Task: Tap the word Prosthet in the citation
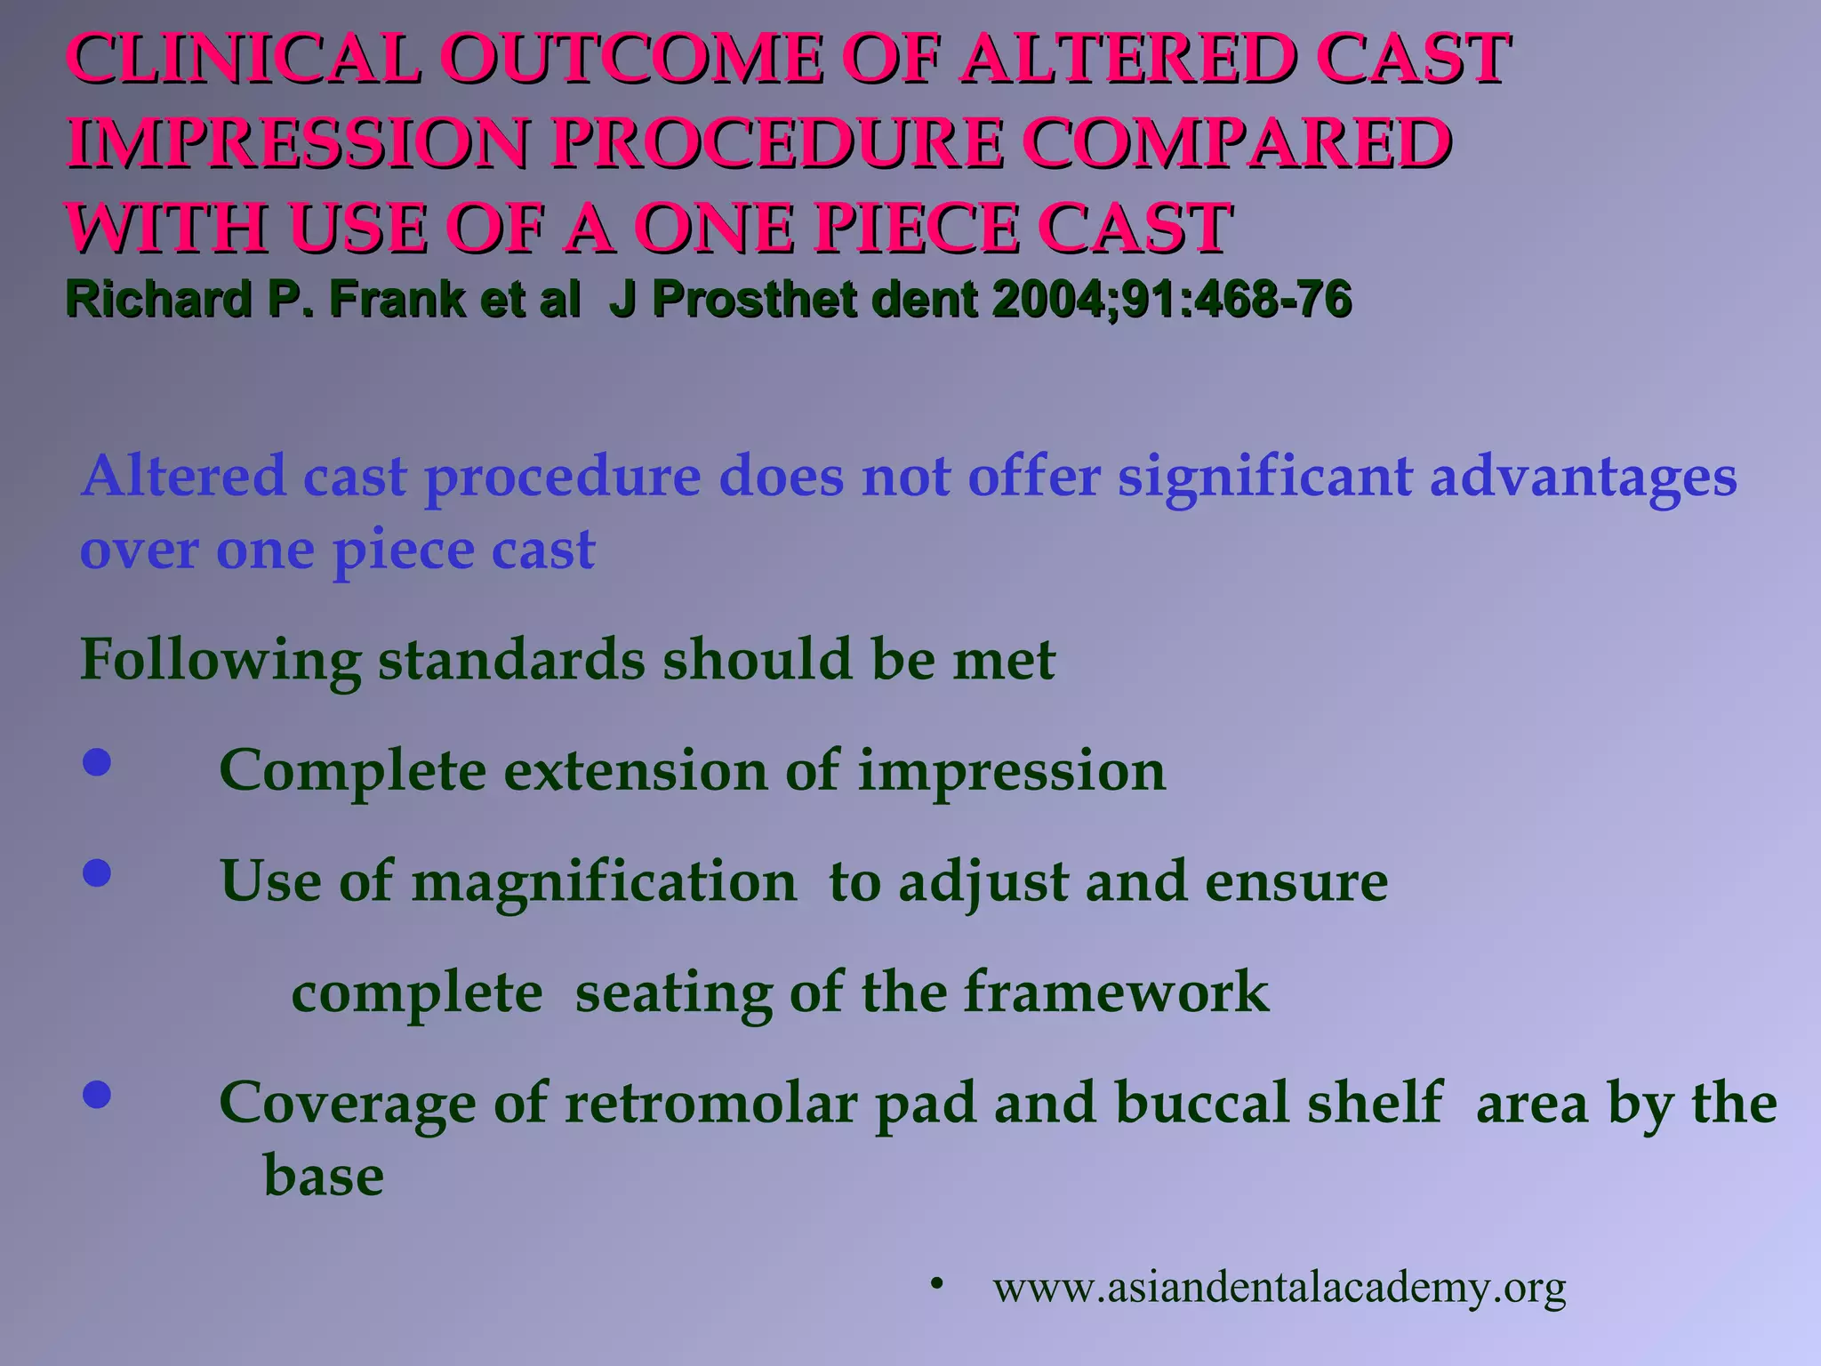pos(756,299)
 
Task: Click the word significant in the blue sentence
pos(1263,477)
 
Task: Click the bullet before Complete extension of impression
pos(97,763)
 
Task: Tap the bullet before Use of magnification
pos(97,873)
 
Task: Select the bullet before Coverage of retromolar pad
pos(97,1095)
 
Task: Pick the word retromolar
pos(710,1103)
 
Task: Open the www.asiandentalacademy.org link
pos(1280,1287)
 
